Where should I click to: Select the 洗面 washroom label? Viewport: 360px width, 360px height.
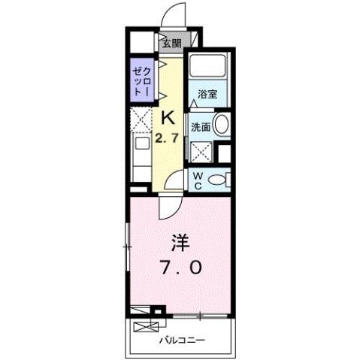click(199, 127)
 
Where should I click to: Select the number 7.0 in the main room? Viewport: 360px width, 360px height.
click(179, 267)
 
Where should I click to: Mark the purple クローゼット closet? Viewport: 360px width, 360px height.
click(140, 79)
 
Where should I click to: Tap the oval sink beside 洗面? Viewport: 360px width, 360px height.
click(222, 126)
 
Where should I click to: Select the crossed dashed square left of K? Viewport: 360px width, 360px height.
click(140, 121)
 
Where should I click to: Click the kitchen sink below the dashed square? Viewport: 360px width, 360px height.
click(141, 145)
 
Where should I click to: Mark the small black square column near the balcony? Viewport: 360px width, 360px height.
click(158, 310)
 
